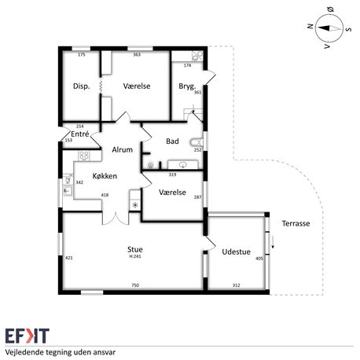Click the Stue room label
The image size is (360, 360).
pyautogui.click(x=135, y=249)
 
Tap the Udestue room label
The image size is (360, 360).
pyautogui.click(x=236, y=252)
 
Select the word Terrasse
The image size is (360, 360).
pyautogui.click(x=296, y=223)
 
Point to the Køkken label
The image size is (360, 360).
pyautogui.click(x=105, y=176)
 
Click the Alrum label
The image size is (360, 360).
pyautogui.click(x=122, y=149)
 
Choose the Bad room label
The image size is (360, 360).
pyautogui.click(x=172, y=141)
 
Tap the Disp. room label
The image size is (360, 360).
pyautogui.click(x=82, y=86)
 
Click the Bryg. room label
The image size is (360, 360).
pyautogui.click(x=187, y=86)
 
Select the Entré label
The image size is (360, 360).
pyautogui.click(x=80, y=134)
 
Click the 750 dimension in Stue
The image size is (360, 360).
pyautogui.click(x=135, y=285)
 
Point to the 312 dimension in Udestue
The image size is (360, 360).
pyautogui.click(x=236, y=285)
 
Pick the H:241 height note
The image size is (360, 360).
pyautogui.click(x=135, y=256)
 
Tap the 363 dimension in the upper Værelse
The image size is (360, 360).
pyautogui.click(x=137, y=55)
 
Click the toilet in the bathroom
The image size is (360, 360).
pyautogui.click(x=197, y=142)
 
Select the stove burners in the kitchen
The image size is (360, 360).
pyautogui.click(x=84, y=156)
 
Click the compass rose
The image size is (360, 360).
pyautogui.click(x=329, y=28)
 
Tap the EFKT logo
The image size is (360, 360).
pyautogui.click(x=28, y=336)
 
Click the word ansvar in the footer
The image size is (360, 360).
pyautogui.click(x=105, y=352)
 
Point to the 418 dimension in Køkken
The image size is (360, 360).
pyautogui.click(x=105, y=195)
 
